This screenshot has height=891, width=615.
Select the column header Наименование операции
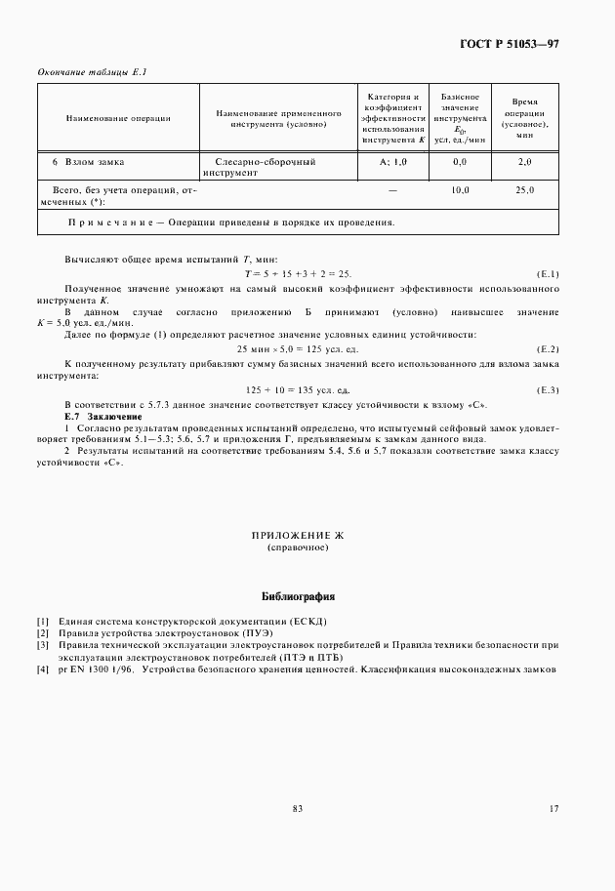click(x=118, y=118)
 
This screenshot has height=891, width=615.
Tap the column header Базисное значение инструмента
click(x=460, y=118)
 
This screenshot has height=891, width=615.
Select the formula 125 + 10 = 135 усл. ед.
click(x=299, y=389)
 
